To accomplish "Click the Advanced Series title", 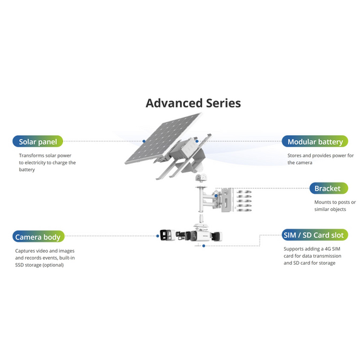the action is pos(193,103).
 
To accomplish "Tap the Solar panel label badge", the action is pos(38,141).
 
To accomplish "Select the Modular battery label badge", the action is pos(315,141).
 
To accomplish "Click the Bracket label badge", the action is pos(329,188).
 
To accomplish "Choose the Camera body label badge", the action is pos(39,236).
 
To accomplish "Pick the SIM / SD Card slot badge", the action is pos(315,235).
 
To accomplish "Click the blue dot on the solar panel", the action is pos(144,141).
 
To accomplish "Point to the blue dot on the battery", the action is pos(197,141).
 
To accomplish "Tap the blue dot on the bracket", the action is pos(216,196).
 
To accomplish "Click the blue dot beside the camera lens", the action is pos(158,236).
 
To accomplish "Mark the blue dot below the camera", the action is pos(203,246).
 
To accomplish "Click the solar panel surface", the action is pos(164,138).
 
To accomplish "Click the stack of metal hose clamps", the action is pos(244,200).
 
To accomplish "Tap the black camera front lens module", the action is pos(167,235).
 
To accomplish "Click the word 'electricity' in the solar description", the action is pos(35,162).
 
